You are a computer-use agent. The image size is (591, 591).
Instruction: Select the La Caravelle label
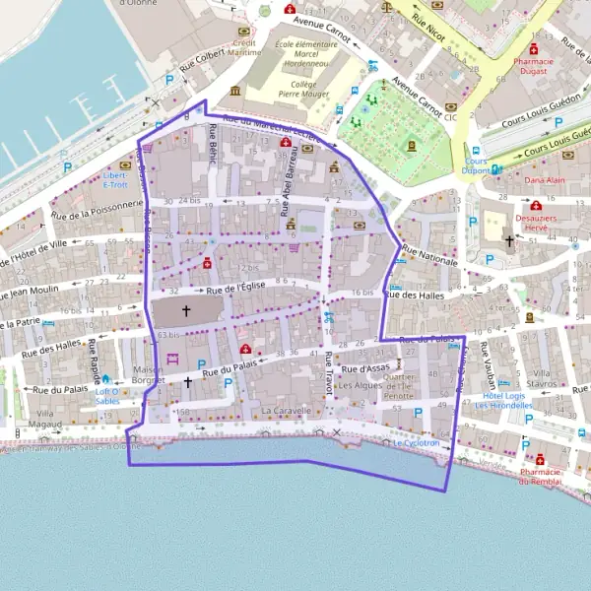[287, 410]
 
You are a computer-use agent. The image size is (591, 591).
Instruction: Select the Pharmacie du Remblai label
[538, 476]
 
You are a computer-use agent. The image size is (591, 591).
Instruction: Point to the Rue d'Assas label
[361, 368]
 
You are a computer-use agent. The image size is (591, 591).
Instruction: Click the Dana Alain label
[544, 181]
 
